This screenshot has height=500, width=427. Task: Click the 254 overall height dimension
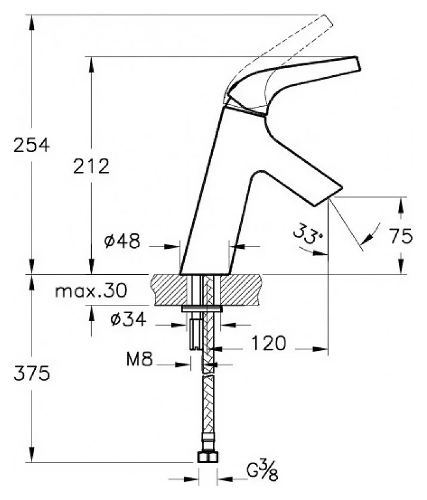pos(32,145)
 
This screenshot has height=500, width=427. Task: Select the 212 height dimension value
pos(91,166)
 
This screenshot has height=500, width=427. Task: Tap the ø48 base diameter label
pos(122,241)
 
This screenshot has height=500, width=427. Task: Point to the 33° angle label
pos(308,233)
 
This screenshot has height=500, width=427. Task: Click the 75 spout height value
pos(401,236)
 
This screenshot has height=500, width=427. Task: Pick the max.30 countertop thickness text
pos(91,291)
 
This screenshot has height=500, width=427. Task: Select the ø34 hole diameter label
pos(128,319)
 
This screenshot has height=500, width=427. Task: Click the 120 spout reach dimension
pos(269,344)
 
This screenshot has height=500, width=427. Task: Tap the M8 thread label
pos(140,359)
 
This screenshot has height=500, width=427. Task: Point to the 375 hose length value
pos(32,373)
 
